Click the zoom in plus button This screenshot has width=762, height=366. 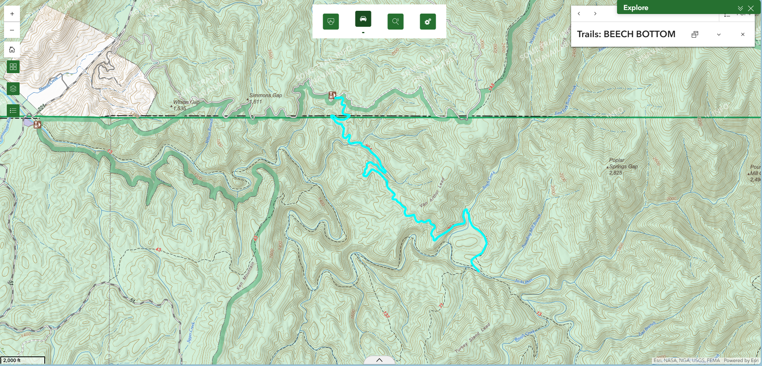click(x=12, y=14)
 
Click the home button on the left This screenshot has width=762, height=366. click(x=12, y=50)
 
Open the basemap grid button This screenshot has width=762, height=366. click(x=13, y=67)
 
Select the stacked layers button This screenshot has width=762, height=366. click(x=13, y=89)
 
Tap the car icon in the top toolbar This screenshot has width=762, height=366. click(x=363, y=19)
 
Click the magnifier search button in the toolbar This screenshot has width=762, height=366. click(x=395, y=22)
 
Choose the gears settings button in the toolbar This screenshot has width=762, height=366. click(x=428, y=22)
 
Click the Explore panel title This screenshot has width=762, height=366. click(x=635, y=8)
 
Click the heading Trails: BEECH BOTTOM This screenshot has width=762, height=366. click(x=626, y=34)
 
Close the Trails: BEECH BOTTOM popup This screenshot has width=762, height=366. click(x=742, y=34)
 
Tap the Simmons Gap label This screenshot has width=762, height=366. click(x=265, y=95)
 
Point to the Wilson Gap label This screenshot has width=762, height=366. click(x=186, y=102)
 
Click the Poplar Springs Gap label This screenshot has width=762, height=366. click(x=623, y=166)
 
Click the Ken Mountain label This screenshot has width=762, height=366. click(x=245, y=276)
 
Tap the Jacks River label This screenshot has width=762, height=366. click(x=523, y=281)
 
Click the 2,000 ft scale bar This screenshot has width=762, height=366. click(x=22, y=360)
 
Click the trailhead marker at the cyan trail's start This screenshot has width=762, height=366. click(x=332, y=95)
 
